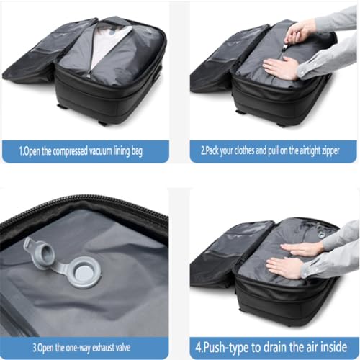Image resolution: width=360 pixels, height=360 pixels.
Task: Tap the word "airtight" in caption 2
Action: [x=315, y=152]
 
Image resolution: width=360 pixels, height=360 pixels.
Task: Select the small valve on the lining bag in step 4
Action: [x=311, y=233]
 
